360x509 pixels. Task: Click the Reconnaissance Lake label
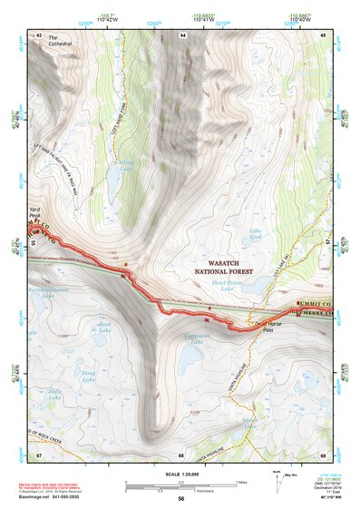pyautogui.click(x=53, y=293)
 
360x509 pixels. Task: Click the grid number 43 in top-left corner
pyautogui.click(x=38, y=34)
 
